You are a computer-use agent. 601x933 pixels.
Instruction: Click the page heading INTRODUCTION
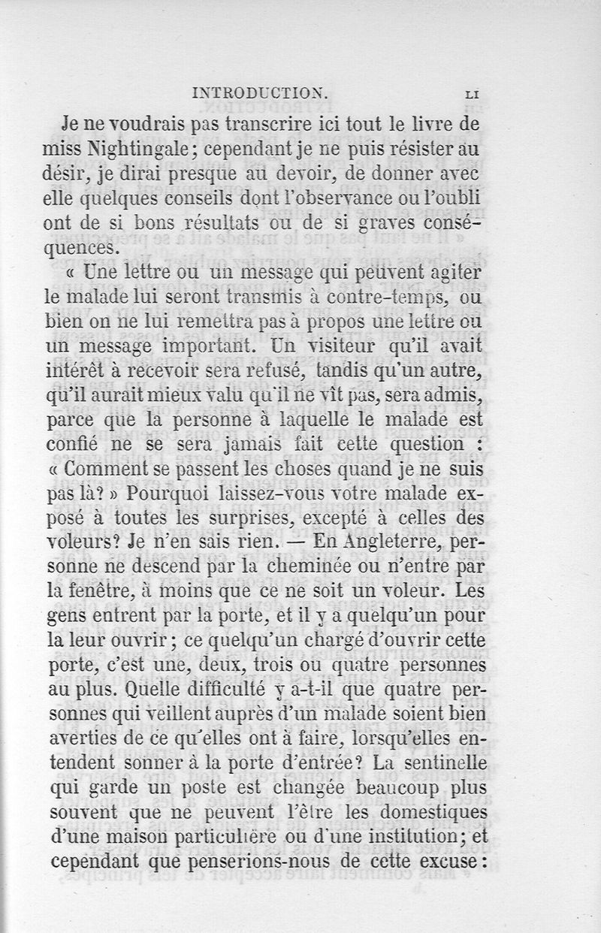(x=257, y=94)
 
